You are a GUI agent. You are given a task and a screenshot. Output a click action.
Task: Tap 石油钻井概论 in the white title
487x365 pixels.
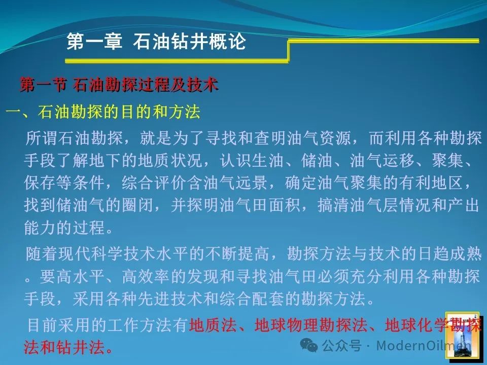189,42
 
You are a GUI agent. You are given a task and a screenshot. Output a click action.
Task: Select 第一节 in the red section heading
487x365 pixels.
43,85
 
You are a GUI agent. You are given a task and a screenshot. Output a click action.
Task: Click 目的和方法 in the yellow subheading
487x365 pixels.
160,112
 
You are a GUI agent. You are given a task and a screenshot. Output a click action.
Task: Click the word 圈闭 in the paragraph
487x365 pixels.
137,205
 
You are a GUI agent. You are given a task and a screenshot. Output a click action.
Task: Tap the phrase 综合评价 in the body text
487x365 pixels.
154,183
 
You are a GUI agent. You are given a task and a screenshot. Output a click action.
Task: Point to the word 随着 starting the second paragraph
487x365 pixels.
42,254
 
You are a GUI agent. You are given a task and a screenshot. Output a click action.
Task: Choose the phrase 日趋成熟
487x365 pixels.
450,254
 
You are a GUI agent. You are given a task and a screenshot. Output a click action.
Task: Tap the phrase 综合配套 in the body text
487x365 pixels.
252,299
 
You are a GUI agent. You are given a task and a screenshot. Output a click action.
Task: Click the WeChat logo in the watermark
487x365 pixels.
308,345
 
